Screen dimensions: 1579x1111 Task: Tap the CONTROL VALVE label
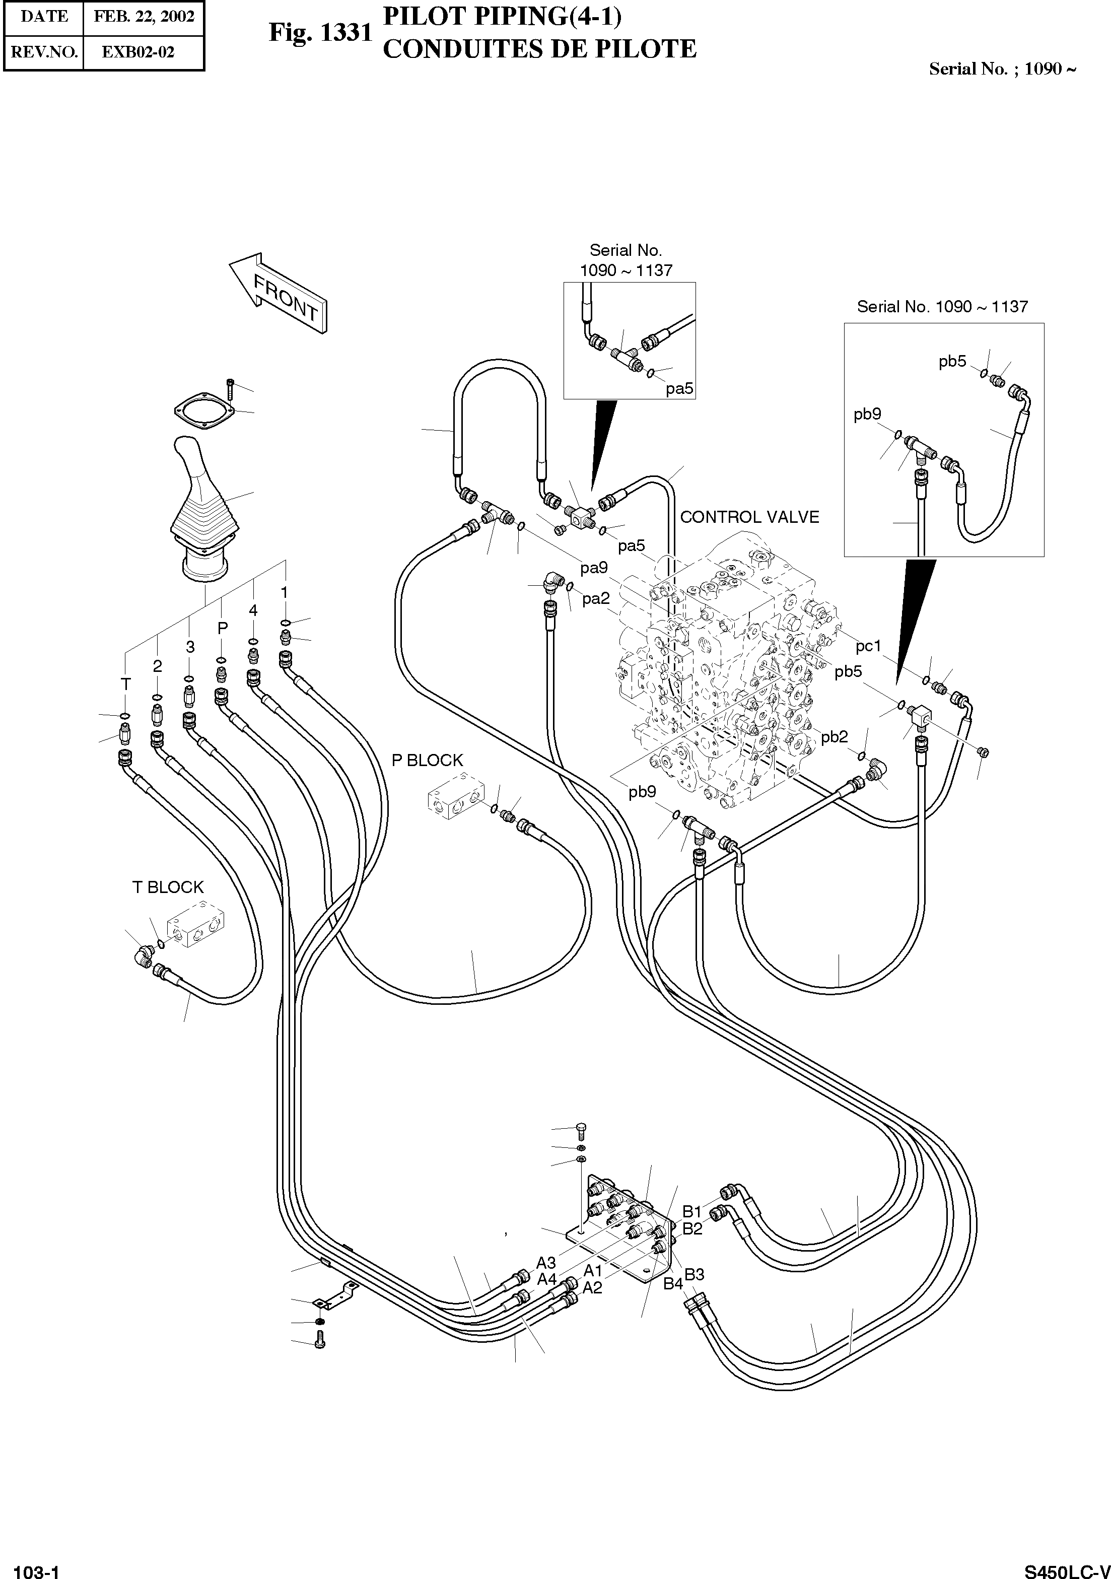tap(749, 517)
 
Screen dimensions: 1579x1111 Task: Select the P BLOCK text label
tap(427, 760)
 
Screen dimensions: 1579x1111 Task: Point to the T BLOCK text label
tap(168, 887)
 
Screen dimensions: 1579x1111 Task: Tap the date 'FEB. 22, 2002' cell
tap(144, 17)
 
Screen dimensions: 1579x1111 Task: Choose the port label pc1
tap(868, 646)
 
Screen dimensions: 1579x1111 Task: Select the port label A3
tap(546, 1263)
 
